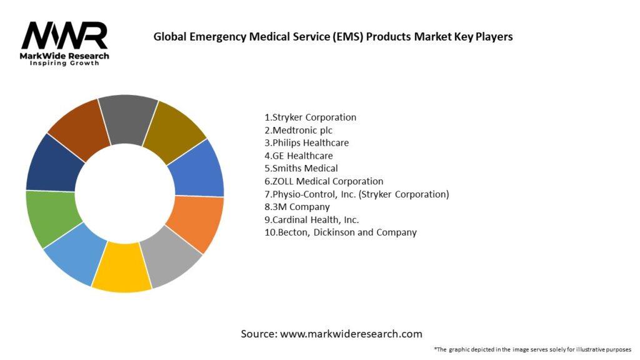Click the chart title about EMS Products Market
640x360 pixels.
click(332, 37)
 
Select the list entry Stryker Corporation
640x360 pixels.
click(310, 117)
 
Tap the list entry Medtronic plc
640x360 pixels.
click(298, 130)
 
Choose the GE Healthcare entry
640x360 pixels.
click(298, 156)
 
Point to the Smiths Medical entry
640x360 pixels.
click(301, 168)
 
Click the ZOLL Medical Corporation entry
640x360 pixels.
click(323, 181)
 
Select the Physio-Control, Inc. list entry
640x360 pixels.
click(356, 194)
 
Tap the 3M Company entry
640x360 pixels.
click(297, 207)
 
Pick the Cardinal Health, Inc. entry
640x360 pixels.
click(311, 219)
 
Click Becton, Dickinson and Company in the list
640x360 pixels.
click(340, 232)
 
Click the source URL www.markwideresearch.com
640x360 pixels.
click(331, 334)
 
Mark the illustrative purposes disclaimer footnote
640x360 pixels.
click(532, 349)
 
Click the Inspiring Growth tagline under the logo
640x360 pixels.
click(64, 64)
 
